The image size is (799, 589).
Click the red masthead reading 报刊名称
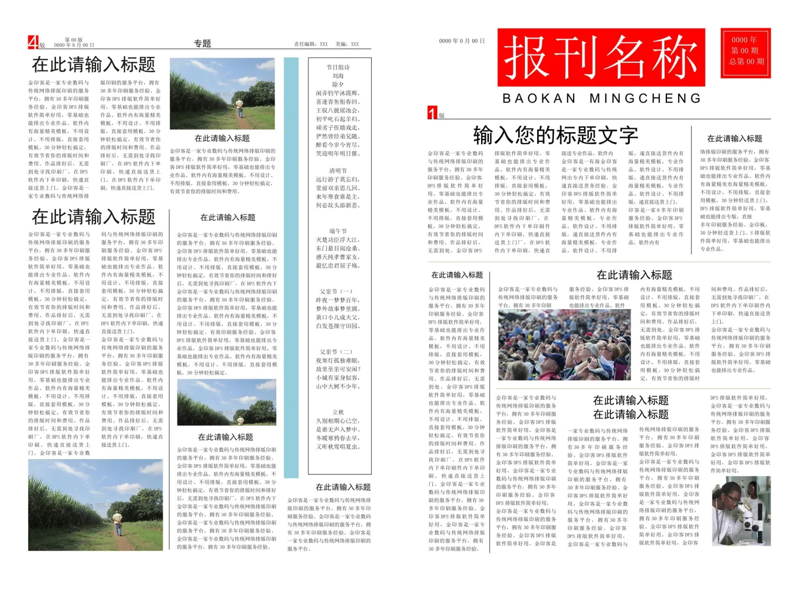pyautogui.click(x=601, y=58)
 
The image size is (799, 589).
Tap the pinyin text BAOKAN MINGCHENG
pyautogui.click(x=601, y=99)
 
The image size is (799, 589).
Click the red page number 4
pyautogui.click(x=33, y=42)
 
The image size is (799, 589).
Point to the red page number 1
pyautogui.click(x=432, y=113)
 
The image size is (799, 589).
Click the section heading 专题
pyautogui.click(x=203, y=43)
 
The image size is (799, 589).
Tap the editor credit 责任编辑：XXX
pyautogui.click(x=311, y=44)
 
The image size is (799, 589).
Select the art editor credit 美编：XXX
pyautogui.click(x=347, y=44)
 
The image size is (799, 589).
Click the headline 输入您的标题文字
pyautogui.click(x=555, y=135)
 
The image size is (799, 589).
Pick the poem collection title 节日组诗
pyautogui.click(x=338, y=67)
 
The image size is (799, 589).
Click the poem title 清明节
pyautogui.click(x=338, y=171)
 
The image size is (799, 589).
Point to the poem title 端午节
pyautogui.click(x=338, y=231)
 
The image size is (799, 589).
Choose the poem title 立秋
pyautogui.click(x=338, y=412)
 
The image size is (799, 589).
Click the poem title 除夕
pyautogui.click(x=338, y=84)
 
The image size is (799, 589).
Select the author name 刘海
pyautogui.click(x=338, y=76)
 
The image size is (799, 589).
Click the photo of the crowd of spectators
pyautogui.click(x=564, y=345)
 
